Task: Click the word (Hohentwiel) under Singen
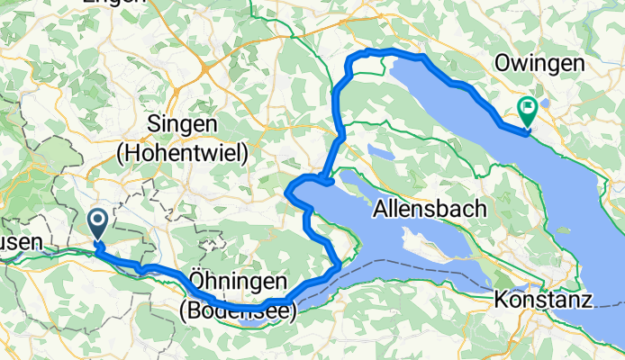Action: pyautogui.click(x=183, y=154)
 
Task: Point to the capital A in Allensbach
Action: pyautogui.click(x=381, y=210)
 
